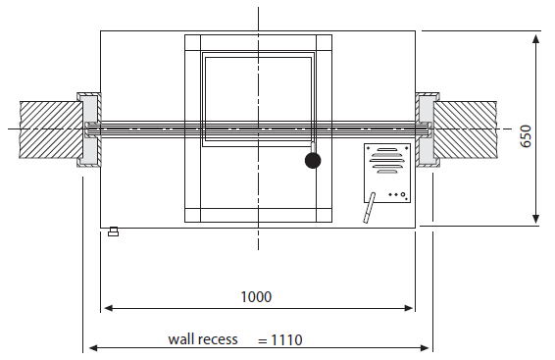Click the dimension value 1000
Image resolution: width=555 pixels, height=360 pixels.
pyautogui.click(x=256, y=296)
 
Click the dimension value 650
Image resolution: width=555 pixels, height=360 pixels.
pyautogui.click(x=526, y=136)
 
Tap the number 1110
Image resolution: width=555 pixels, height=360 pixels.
pyautogui.click(x=286, y=340)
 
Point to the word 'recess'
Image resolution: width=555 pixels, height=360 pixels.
pyautogui.click(x=216, y=339)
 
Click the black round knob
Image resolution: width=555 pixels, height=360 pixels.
pyautogui.click(x=313, y=160)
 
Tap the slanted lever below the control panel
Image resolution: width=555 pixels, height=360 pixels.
pyautogui.click(x=369, y=208)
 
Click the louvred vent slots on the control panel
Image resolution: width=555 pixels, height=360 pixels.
pyautogui.click(x=387, y=161)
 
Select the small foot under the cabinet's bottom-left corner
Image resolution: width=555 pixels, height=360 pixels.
pyautogui.click(x=114, y=231)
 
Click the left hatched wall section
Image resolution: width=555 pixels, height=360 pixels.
pyautogui.click(x=51, y=129)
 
